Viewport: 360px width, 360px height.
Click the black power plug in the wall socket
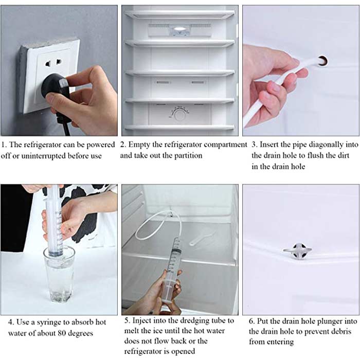tap(56, 89)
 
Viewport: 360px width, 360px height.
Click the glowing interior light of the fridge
tap(180, 29)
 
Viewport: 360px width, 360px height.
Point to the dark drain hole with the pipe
tap(322, 61)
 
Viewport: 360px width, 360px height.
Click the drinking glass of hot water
tap(59, 274)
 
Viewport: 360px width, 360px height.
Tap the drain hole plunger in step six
tap(298, 251)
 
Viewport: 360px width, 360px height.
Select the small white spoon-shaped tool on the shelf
tap(202, 238)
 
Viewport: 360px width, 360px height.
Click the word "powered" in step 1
tap(101, 145)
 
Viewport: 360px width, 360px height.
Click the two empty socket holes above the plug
tap(53, 63)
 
